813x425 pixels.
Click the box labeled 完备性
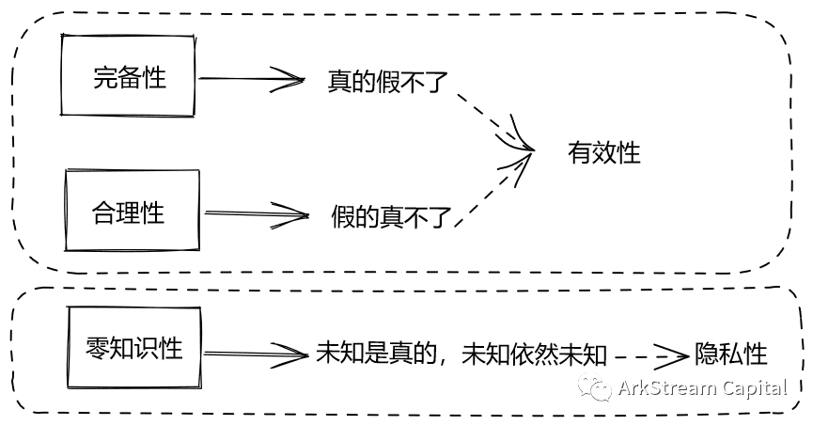coord(129,76)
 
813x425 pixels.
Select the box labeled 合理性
coord(132,211)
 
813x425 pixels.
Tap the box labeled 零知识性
coord(133,348)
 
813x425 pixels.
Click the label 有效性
coord(603,152)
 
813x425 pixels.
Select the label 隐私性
coord(730,354)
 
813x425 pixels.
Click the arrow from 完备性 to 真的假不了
coord(252,79)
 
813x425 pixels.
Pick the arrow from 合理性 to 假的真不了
coord(256,213)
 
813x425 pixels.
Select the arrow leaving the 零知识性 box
coord(256,354)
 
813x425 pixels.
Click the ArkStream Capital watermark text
coord(701,387)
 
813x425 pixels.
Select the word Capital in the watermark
coord(753,387)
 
